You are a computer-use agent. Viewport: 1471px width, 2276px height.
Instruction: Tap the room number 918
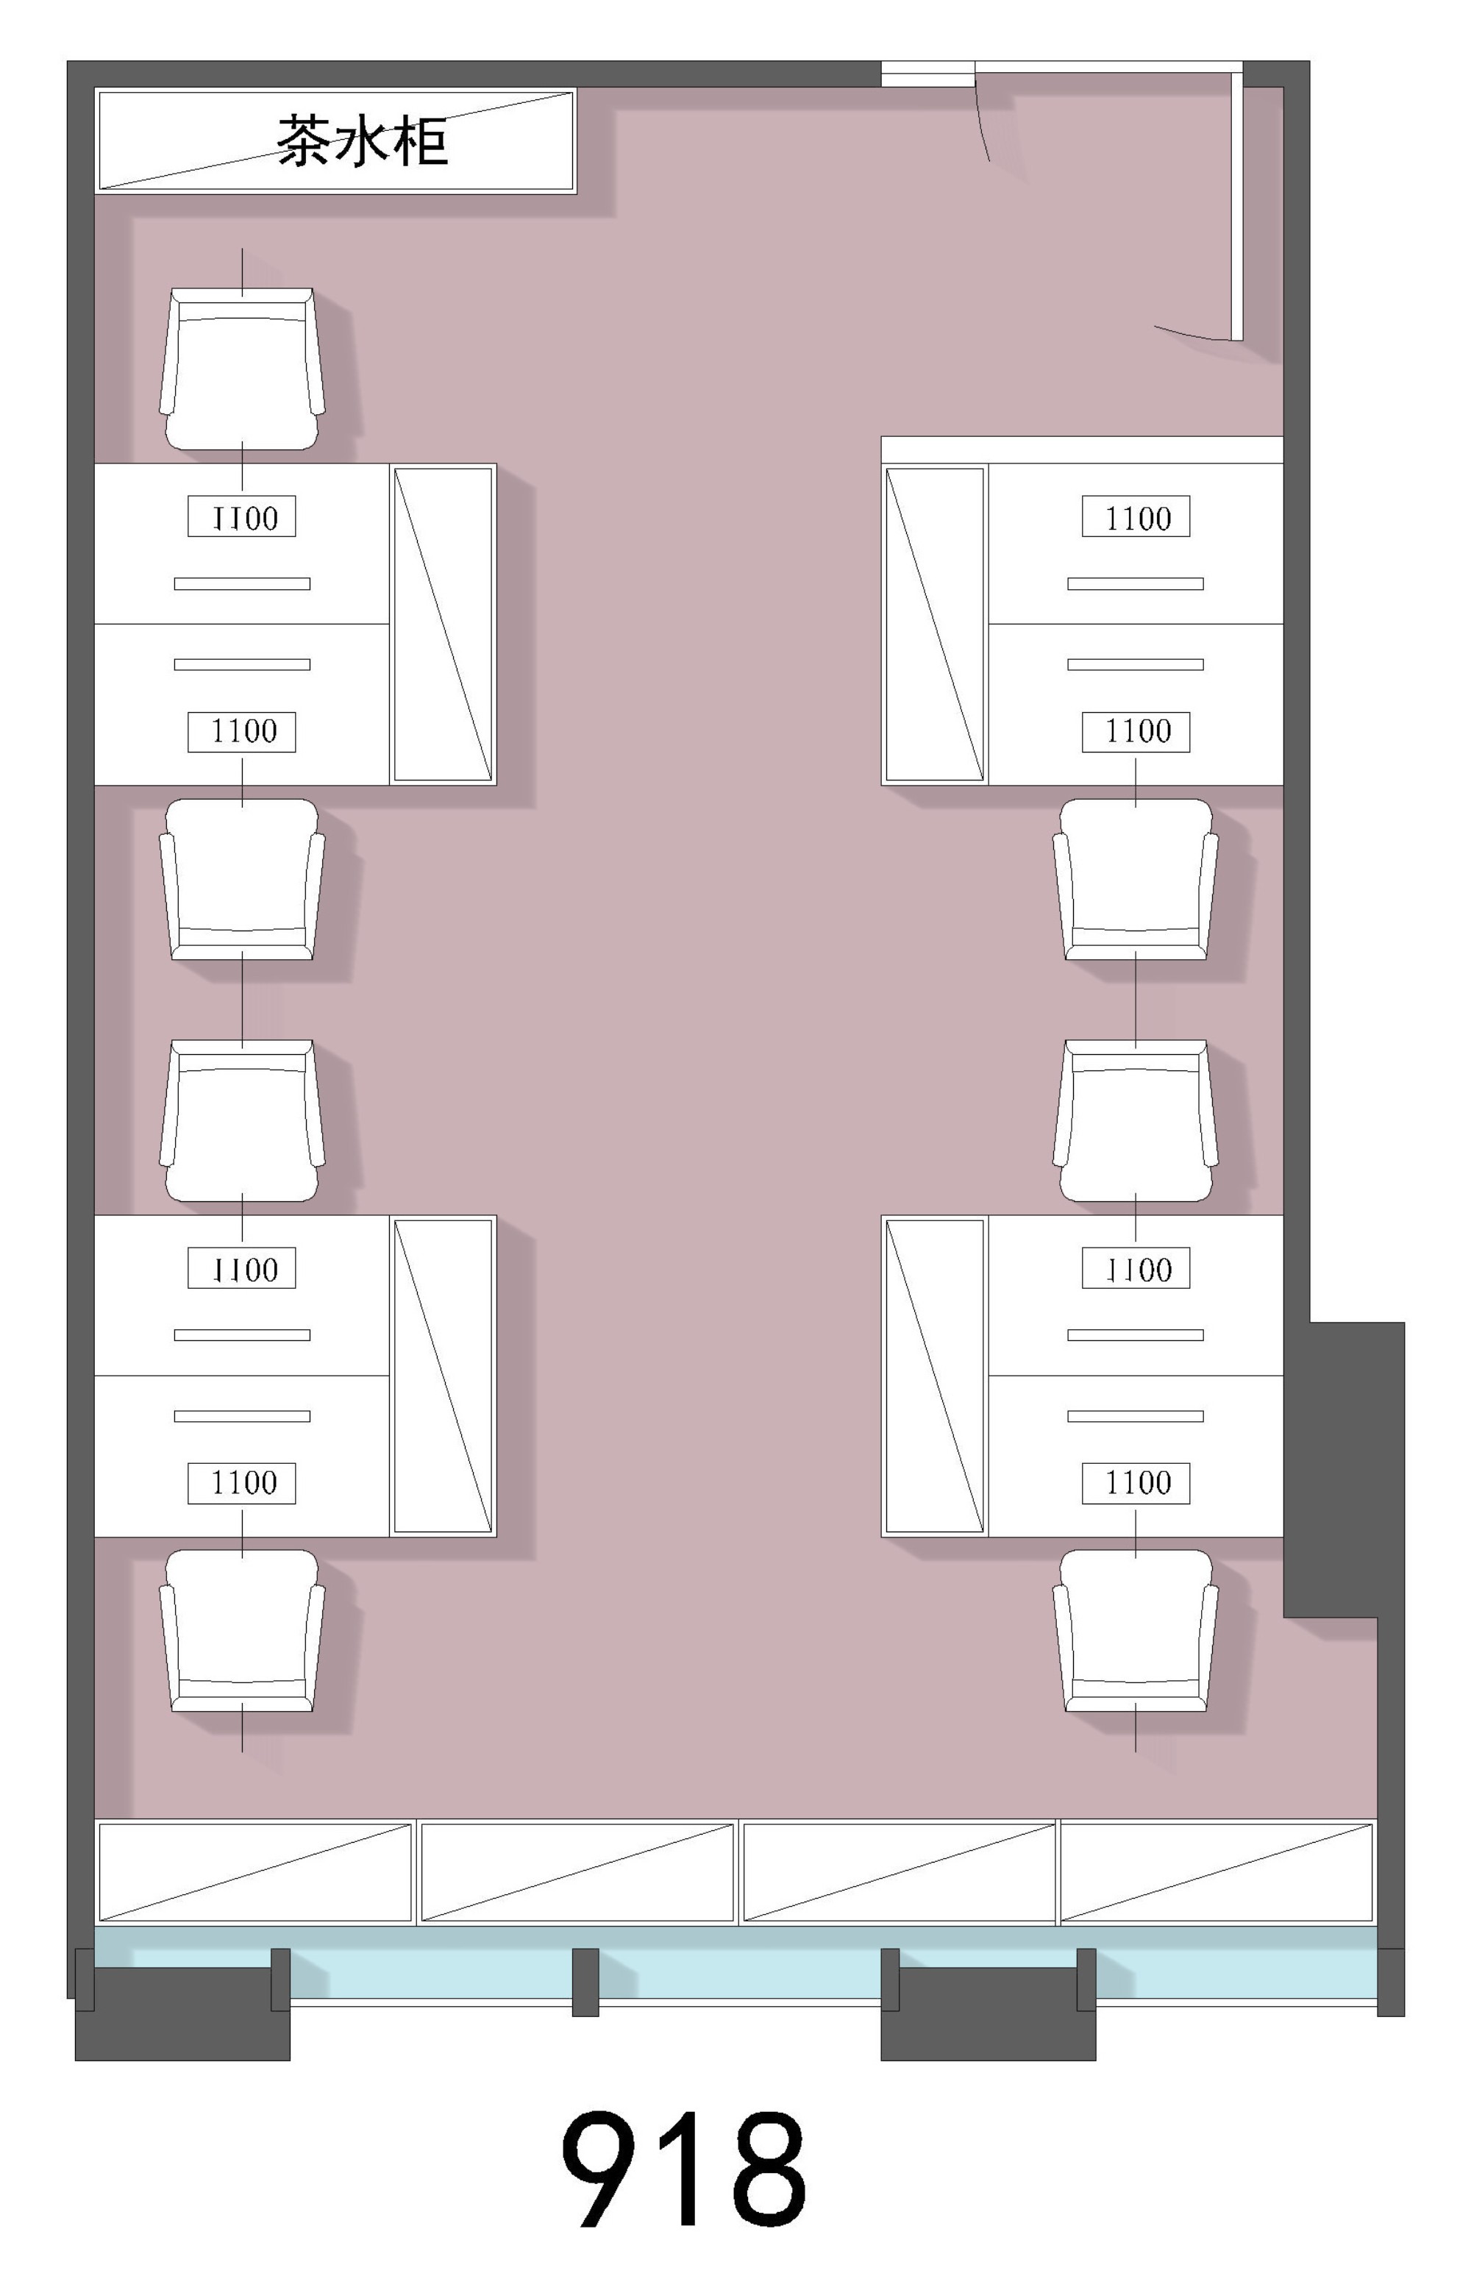[684, 2167]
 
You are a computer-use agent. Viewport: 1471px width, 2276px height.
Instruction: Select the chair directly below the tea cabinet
[242, 369]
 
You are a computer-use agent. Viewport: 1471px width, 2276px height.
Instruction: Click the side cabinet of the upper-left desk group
[444, 625]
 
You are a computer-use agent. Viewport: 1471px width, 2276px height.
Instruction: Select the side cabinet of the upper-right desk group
[935, 625]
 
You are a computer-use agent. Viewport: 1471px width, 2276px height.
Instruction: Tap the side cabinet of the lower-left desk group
[444, 1376]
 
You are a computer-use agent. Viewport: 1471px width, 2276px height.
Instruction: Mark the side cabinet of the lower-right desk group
[935, 1376]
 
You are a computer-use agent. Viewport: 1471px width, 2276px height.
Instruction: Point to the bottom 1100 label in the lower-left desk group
[242, 1483]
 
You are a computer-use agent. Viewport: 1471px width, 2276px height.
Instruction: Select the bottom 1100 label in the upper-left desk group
[242, 732]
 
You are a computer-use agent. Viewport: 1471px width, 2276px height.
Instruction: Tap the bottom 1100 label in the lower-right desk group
[1136, 1483]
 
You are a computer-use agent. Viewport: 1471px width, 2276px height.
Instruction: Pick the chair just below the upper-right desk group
[1136, 880]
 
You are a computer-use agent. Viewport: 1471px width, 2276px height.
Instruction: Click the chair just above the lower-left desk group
[242, 1120]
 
